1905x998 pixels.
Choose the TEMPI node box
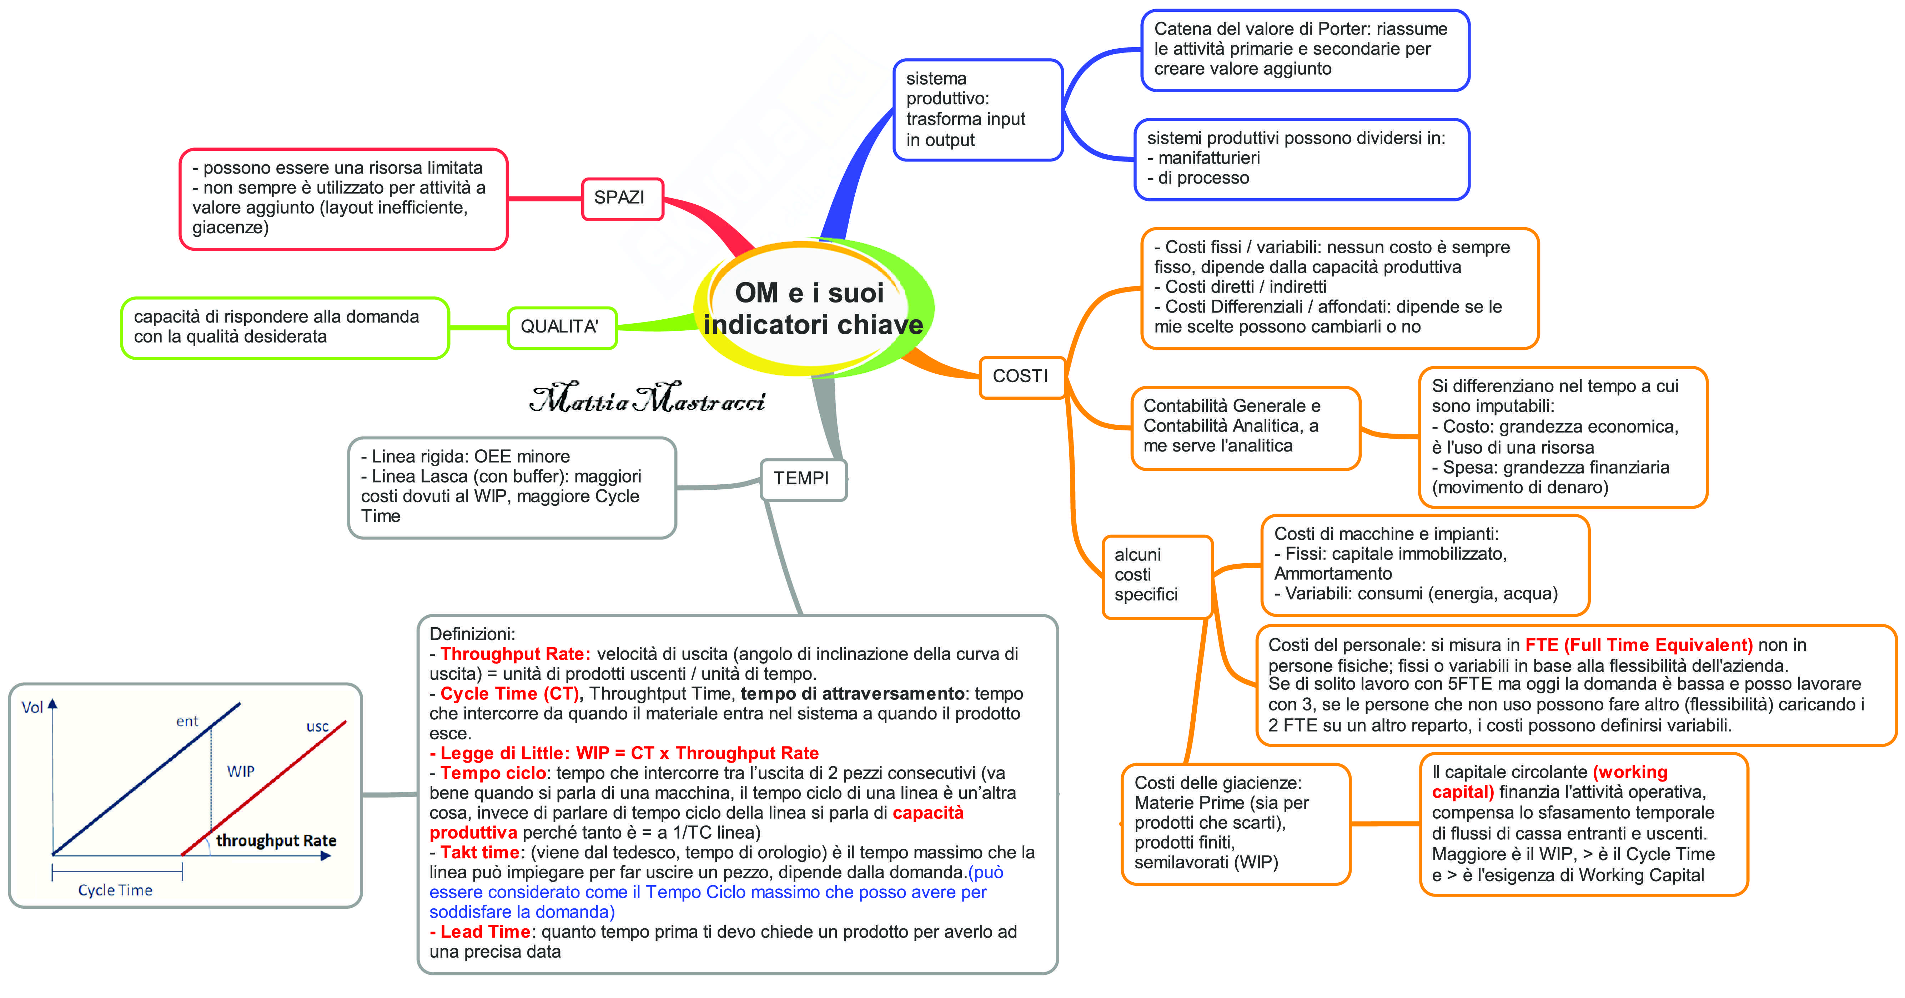tap(803, 479)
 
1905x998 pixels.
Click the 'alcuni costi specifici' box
tap(1156, 575)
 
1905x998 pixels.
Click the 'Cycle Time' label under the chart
tap(115, 890)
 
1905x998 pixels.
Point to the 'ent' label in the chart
tap(187, 721)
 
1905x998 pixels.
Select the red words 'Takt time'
tap(480, 852)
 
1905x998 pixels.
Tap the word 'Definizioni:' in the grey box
tap(472, 634)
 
